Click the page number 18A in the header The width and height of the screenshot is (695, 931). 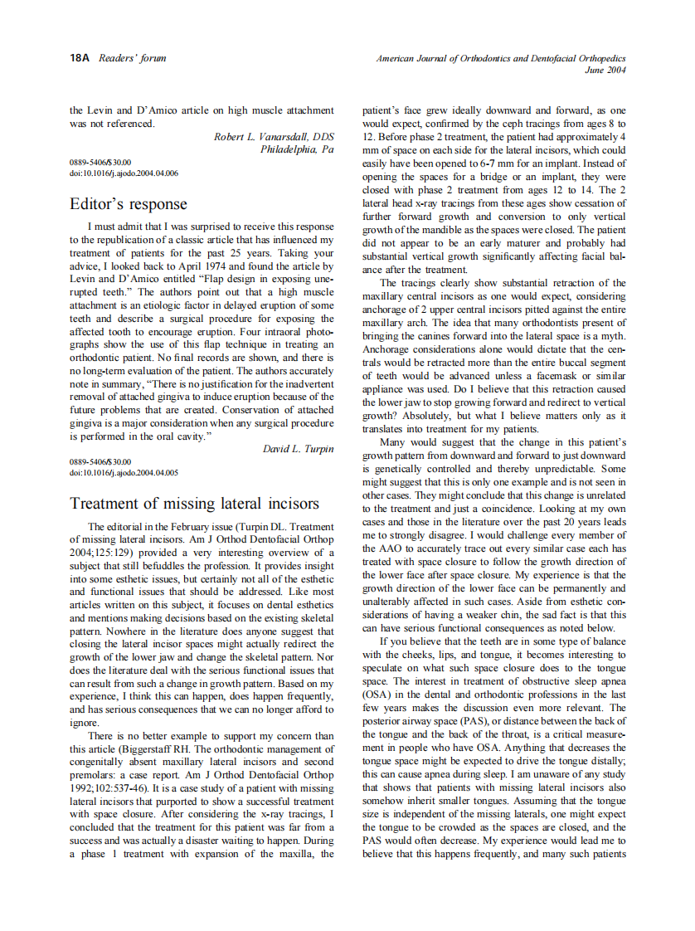tap(80, 58)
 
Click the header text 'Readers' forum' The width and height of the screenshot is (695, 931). tap(133, 58)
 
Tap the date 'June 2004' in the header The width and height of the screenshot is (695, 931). tap(605, 71)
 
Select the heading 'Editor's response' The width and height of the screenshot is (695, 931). tap(129, 204)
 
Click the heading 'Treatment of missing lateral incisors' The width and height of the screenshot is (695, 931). tap(194, 504)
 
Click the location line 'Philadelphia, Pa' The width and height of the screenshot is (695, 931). tap(297, 149)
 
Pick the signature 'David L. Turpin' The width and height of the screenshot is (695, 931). tap(298, 449)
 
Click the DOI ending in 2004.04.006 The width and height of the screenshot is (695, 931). tap(124, 173)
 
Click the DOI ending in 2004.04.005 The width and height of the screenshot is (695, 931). tap(124, 472)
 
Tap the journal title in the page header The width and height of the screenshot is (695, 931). tap(501, 59)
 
